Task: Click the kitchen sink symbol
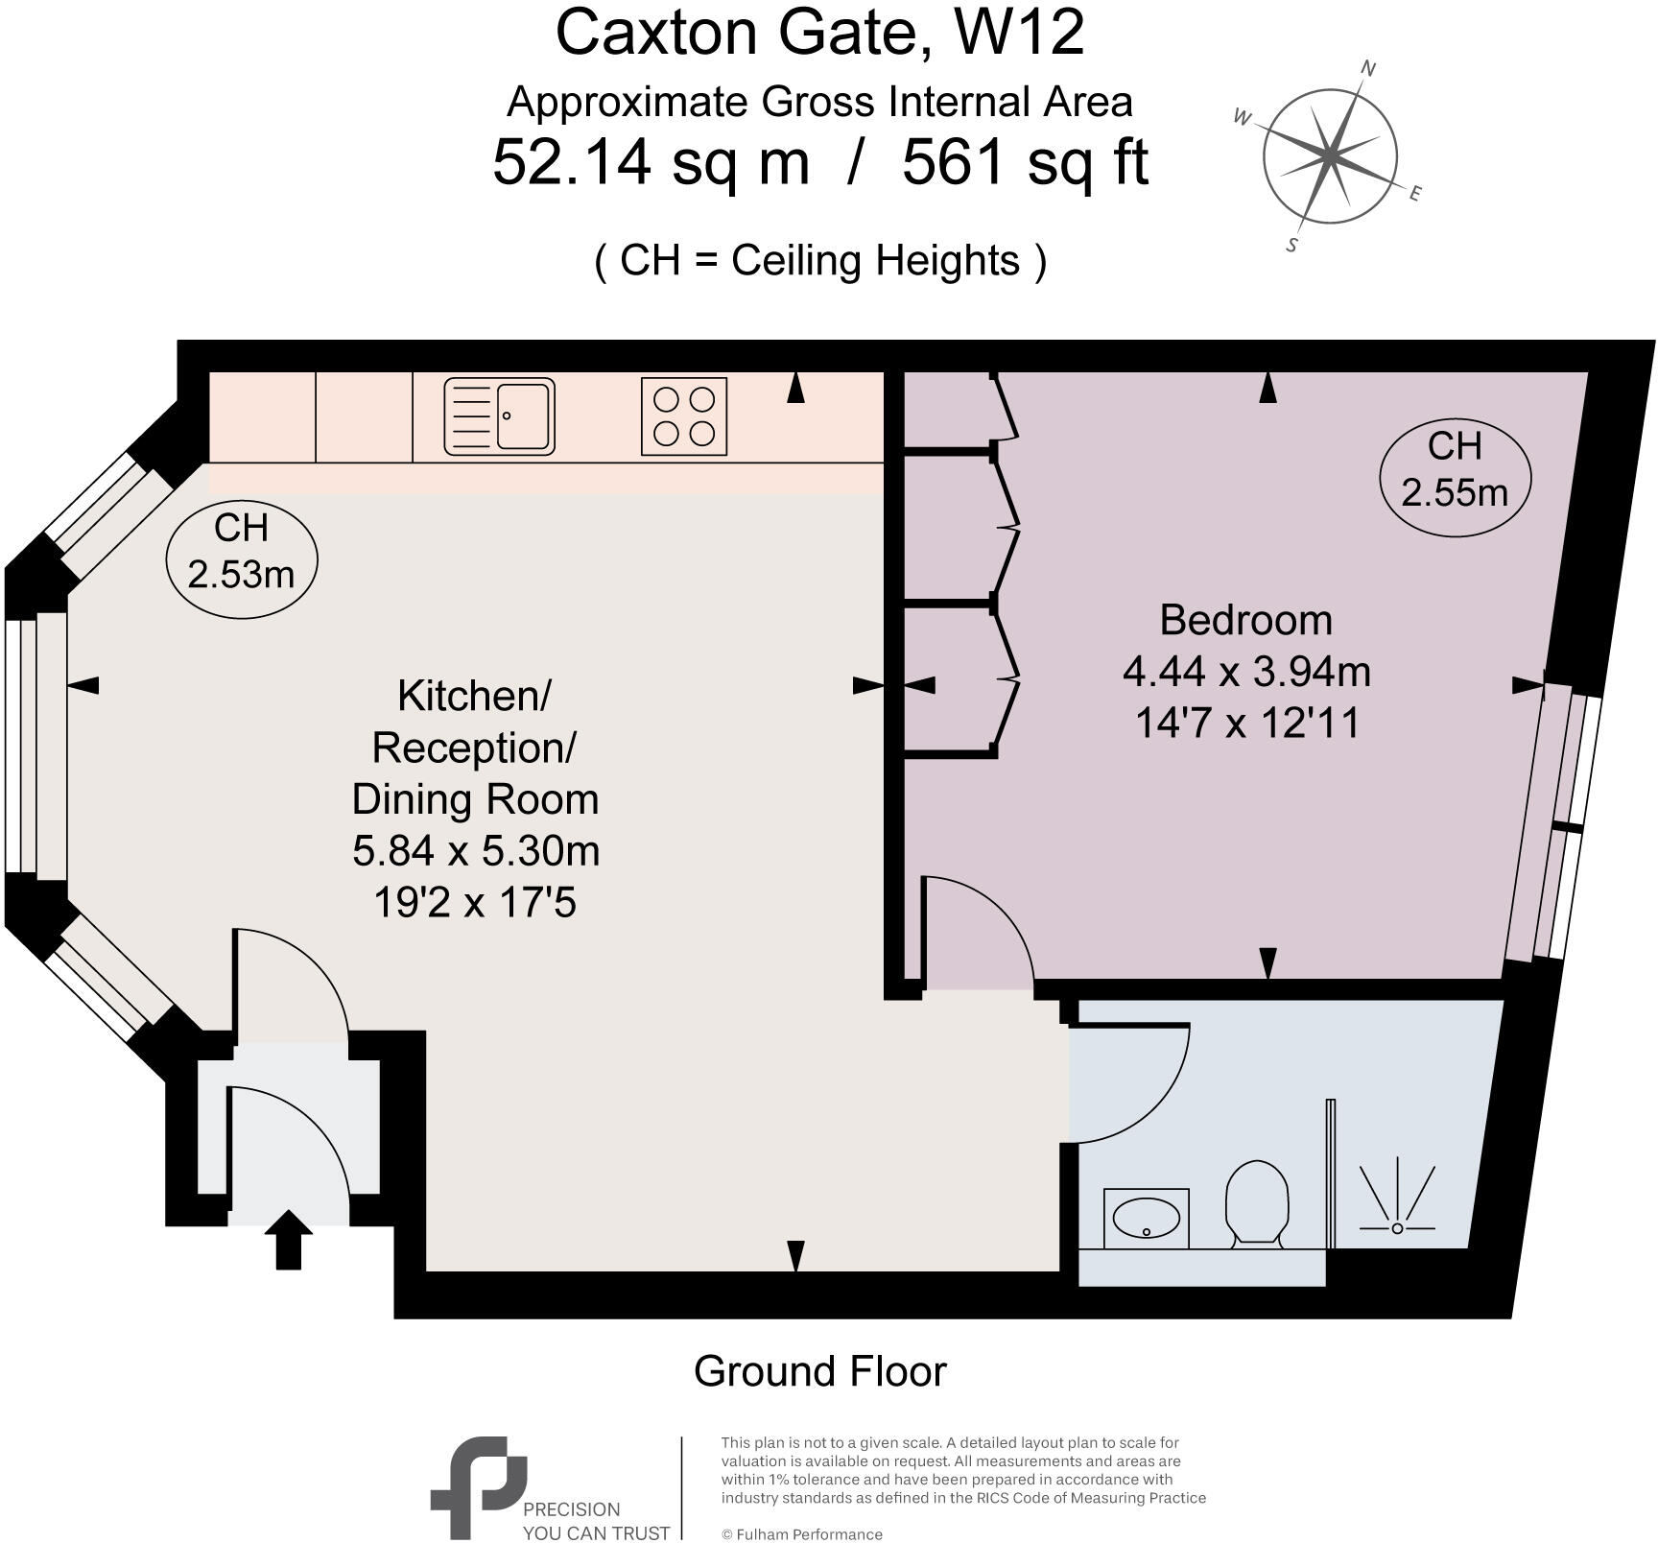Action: [x=499, y=416]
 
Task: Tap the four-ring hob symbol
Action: [x=684, y=416]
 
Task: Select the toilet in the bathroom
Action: [x=1256, y=1203]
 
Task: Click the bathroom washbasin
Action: [x=1146, y=1220]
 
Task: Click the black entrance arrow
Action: [x=288, y=1240]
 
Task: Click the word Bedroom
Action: [x=1245, y=620]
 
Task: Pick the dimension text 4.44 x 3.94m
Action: [x=1245, y=672]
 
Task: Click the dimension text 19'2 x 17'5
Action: [x=475, y=902]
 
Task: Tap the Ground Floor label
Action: [x=819, y=1371]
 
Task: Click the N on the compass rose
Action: [x=1369, y=68]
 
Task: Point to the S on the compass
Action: [x=1292, y=245]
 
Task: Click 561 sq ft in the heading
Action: [x=1025, y=163]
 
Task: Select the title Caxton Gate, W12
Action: [x=819, y=33]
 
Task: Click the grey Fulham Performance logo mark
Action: [x=477, y=1485]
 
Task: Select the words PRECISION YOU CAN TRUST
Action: [x=595, y=1521]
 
